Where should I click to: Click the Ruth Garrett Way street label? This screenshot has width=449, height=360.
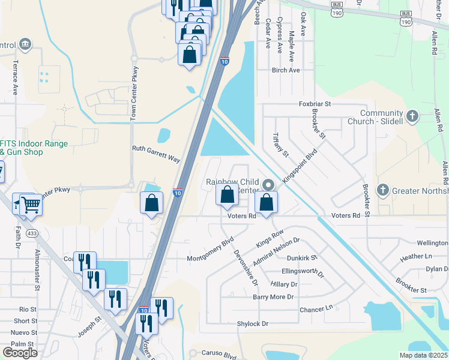(x=156, y=154)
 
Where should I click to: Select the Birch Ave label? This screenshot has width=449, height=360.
(x=286, y=70)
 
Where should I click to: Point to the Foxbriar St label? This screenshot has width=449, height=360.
(x=315, y=104)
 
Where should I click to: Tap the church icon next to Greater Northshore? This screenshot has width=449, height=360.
(x=382, y=191)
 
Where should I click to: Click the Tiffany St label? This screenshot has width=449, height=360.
(x=280, y=145)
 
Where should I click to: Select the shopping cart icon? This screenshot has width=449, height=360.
(x=31, y=205)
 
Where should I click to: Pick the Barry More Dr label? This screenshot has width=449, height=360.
(x=273, y=296)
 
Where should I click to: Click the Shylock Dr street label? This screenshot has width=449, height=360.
(x=252, y=323)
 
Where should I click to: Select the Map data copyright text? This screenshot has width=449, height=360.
(x=423, y=355)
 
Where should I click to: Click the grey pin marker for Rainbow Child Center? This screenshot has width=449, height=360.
(x=269, y=185)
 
